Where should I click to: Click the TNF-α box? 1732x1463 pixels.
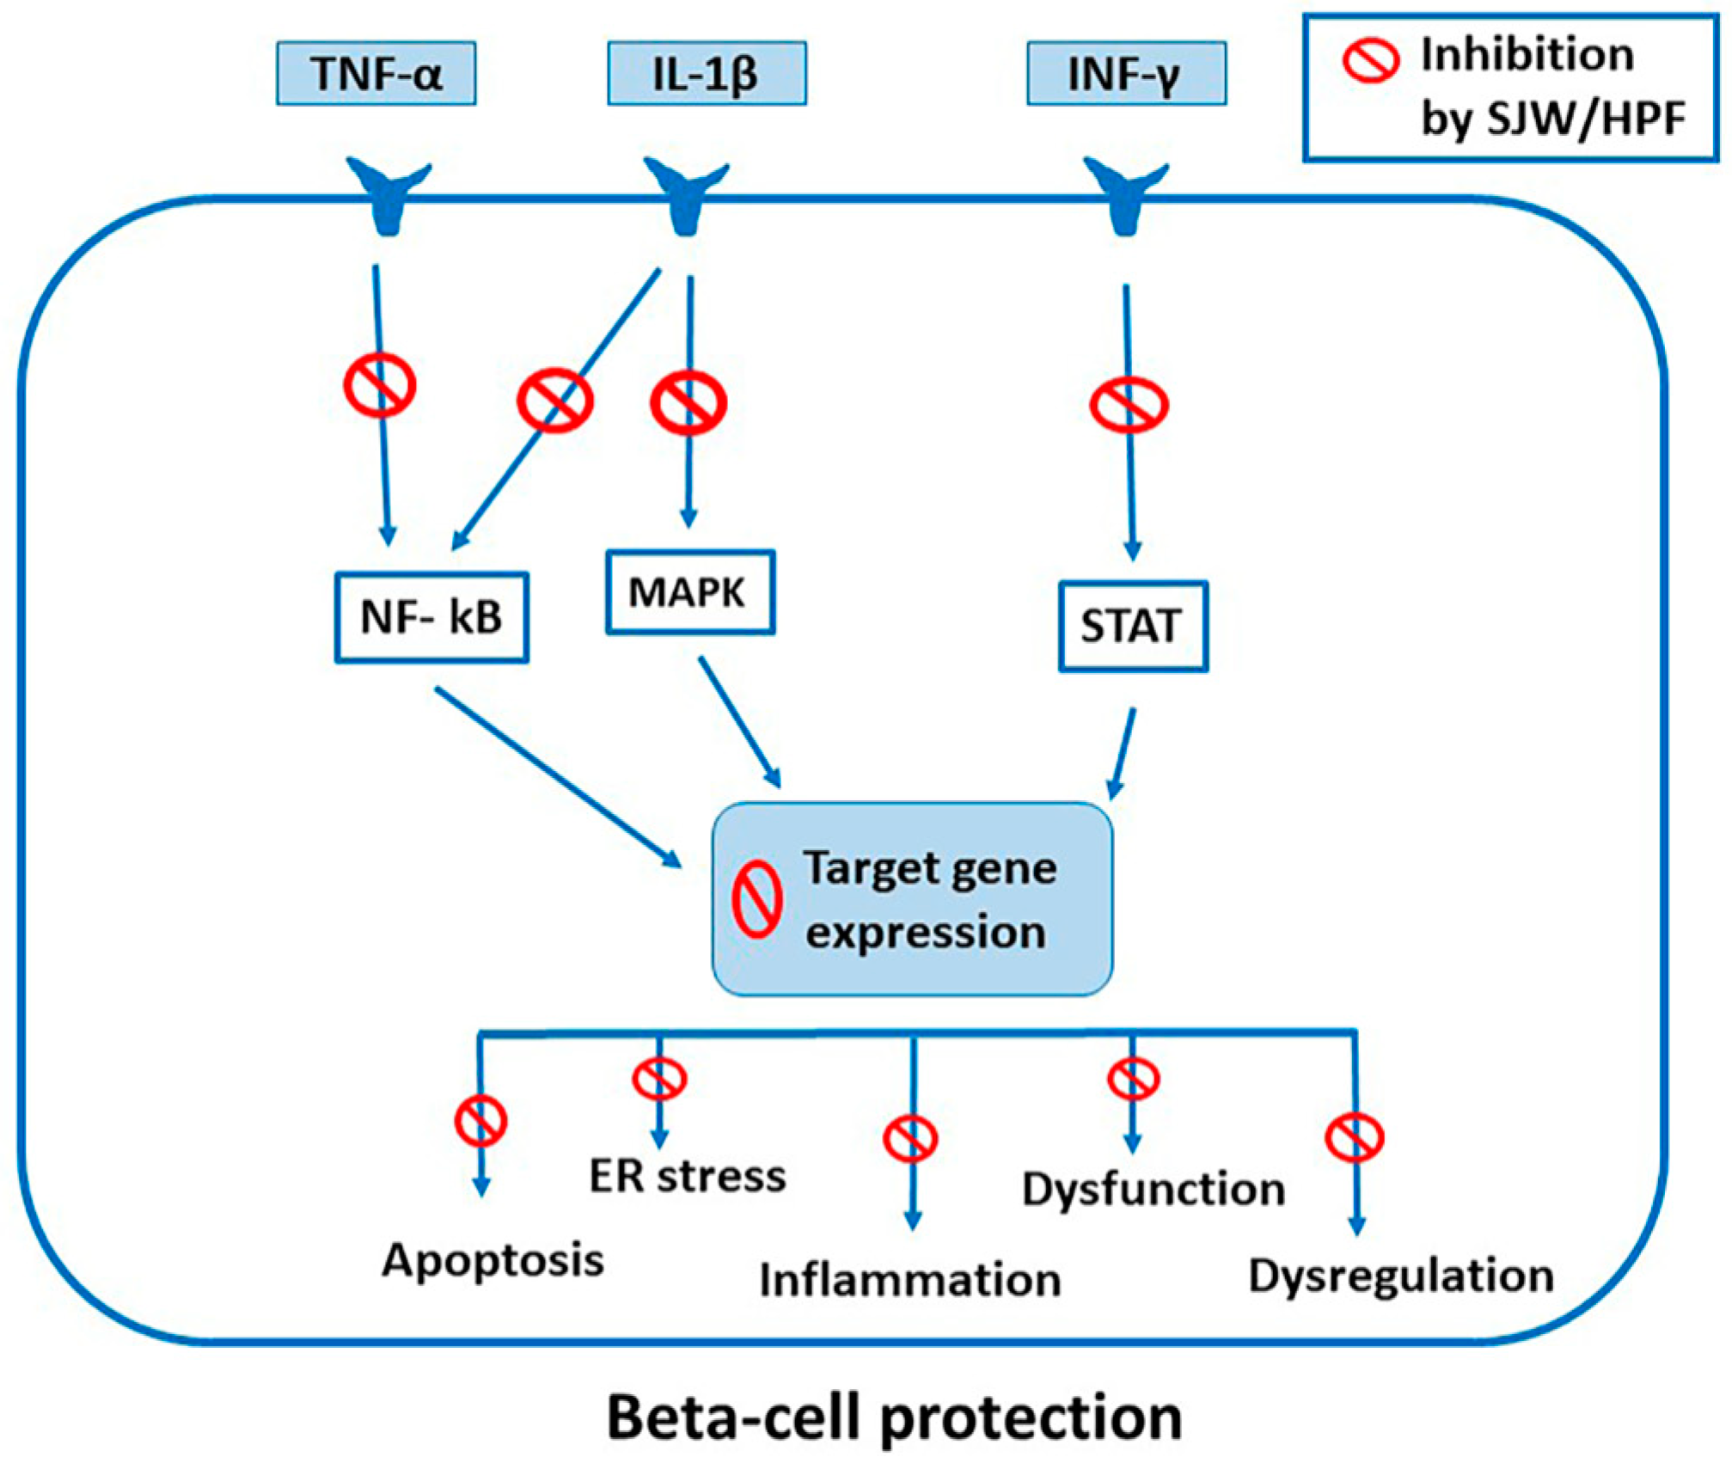tap(376, 73)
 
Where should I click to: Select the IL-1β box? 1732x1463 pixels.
tap(707, 73)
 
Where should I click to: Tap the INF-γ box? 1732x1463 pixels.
tap(1126, 73)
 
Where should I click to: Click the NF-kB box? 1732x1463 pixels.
tap(431, 617)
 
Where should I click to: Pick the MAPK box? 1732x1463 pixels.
tap(689, 592)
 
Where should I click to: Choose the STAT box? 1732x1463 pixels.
tap(1132, 626)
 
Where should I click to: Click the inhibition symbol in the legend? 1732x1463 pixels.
tap(1370, 60)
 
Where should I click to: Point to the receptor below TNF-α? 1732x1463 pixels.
tap(389, 194)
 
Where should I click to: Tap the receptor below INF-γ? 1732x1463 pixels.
tap(1125, 194)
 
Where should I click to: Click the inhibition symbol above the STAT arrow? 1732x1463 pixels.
tap(1129, 405)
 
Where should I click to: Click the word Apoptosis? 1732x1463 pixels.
tap(493, 1261)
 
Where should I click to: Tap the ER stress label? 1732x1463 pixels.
tap(688, 1176)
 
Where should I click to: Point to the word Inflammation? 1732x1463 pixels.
tap(910, 1280)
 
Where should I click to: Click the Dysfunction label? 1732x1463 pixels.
tap(1154, 1190)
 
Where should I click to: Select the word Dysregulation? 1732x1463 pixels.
tap(1401, 1276)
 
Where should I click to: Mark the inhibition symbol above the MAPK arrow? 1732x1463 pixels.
tap(689, 402)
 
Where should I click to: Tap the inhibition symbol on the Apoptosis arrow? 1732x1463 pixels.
tap(480, 1121)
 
